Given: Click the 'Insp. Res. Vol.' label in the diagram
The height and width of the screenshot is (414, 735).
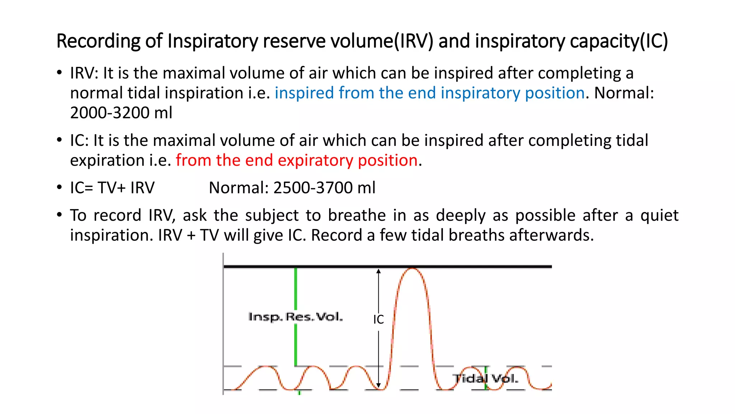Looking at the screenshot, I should (x=295, y=317).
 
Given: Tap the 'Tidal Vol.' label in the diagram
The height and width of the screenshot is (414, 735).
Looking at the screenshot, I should (x=485, y=378).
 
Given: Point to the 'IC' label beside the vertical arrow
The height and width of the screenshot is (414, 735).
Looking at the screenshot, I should (x=378, y=319).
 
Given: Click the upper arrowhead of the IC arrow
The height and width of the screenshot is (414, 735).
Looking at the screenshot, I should (x=378, y=271).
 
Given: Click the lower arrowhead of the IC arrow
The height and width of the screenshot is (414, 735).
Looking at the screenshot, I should (x=378, y=386).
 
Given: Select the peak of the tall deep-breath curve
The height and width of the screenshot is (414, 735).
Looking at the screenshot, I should (x=412, y=268).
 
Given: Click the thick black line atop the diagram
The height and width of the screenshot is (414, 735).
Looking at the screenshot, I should (x=467, y=267).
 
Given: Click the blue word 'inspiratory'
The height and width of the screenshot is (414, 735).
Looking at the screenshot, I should (x=480, y=93).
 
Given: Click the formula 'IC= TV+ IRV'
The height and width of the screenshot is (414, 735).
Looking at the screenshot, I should (x=112, y=188).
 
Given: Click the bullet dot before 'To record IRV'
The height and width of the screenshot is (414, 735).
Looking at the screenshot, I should (x=59, y=215).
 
